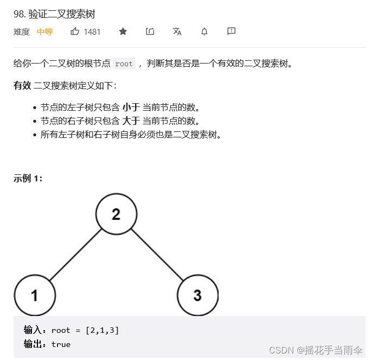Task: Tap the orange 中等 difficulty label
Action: click(x=44, y=31)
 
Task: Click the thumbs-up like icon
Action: click(x=75, y=31)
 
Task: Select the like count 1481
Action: click(x=92, y=31)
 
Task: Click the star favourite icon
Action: click(x=123, y=31)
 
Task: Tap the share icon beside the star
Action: click(x=150, y=31)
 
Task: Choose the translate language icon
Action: click(x=177, y=31)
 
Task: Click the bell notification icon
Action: click(x=204, y=31)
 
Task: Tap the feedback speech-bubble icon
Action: click(x=231, y=31)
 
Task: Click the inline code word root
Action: click(x=124, y=64)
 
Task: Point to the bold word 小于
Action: click(x=131, y=107)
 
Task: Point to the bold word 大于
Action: click(x=131, y=121)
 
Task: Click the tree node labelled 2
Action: click(x=116, y=214)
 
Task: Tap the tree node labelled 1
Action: click(x=35, y=295)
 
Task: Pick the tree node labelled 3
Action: click(x=197, y=295)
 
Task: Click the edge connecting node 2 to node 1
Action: click(x=75, y=255)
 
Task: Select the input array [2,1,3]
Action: click(x=103, y=330)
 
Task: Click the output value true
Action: click(x=61, y=344)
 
